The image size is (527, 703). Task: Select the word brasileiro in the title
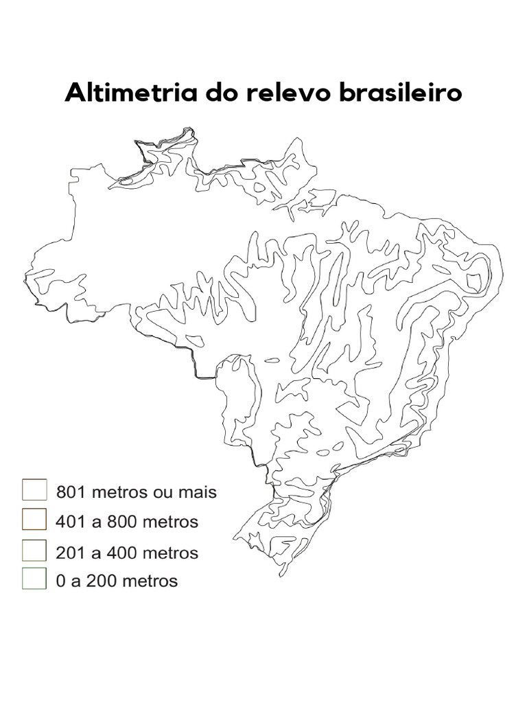pyautogui.click(x=399, y=93)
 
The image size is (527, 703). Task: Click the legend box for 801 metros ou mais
pyautogui.click(x=34, y=490)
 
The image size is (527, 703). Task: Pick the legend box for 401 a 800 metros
pyautogui.click(x=34, y=520)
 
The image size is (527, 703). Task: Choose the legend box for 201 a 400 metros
pyautogui.click(x=34, y=551)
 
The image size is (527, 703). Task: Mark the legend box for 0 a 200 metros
pyautogui.click(x=34, y=580)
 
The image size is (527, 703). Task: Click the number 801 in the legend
pyautogui.click(x=70, y=492)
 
